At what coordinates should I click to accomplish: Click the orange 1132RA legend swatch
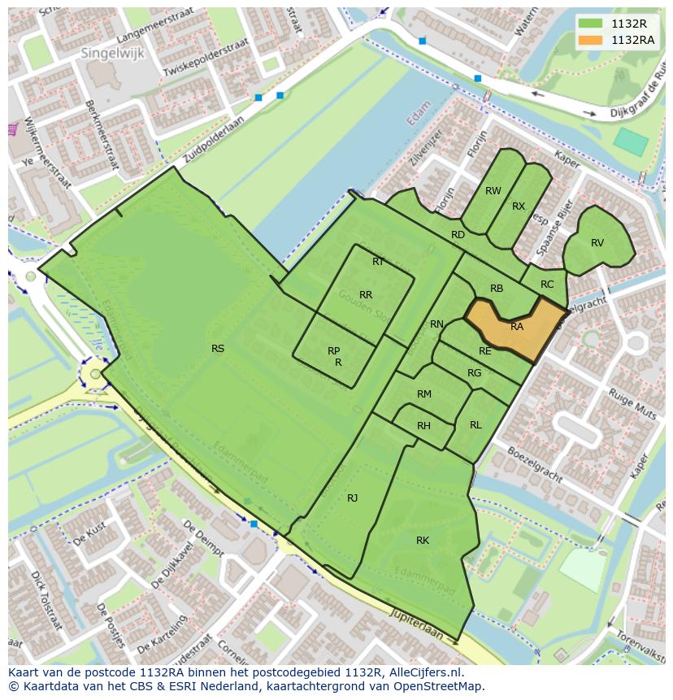coord(591,40)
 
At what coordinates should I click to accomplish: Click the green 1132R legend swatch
coord(591,23)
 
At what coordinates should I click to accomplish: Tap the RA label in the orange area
coord(517,327)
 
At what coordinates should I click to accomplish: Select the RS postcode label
coord(218,349)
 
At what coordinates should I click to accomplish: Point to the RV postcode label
coord(597,243)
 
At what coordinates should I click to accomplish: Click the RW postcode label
coord(493,191)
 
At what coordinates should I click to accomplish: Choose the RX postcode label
coord(519,207)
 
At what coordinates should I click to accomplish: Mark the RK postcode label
coord(423,541)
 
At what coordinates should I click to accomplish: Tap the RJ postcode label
coord(352,498)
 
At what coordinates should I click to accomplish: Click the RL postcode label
coord(475,425)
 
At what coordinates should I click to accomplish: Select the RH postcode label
coord(423,426)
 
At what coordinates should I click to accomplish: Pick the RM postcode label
coord(423,394)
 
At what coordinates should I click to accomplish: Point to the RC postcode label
coord(547,285)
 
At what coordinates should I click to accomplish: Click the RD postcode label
coord(458,235)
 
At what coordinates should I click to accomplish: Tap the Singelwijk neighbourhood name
coord(110,52)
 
